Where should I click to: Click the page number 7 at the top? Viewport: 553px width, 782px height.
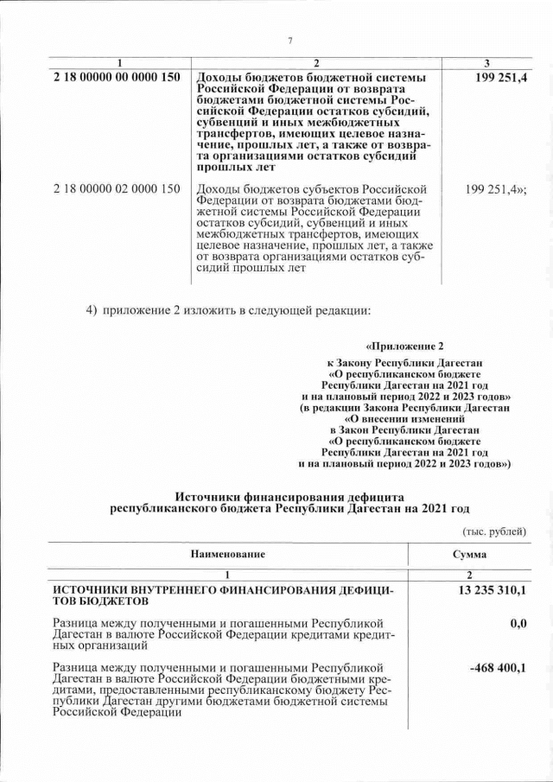click(290, 41)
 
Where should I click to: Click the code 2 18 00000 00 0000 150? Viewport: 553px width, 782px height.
click(116, 78)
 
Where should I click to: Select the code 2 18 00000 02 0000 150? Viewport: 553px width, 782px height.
click(116, 188)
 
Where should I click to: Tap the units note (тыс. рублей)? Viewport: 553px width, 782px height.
click(494, 531)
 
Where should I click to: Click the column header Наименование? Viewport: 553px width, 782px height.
click(228, 554)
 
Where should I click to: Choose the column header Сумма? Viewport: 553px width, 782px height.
click(468, 554)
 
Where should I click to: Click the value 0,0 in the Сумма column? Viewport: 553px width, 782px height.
click(518, 623)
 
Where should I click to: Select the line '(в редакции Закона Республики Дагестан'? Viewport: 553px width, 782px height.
click(404, 406)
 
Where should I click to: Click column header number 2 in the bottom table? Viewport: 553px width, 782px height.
click(468, 575)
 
